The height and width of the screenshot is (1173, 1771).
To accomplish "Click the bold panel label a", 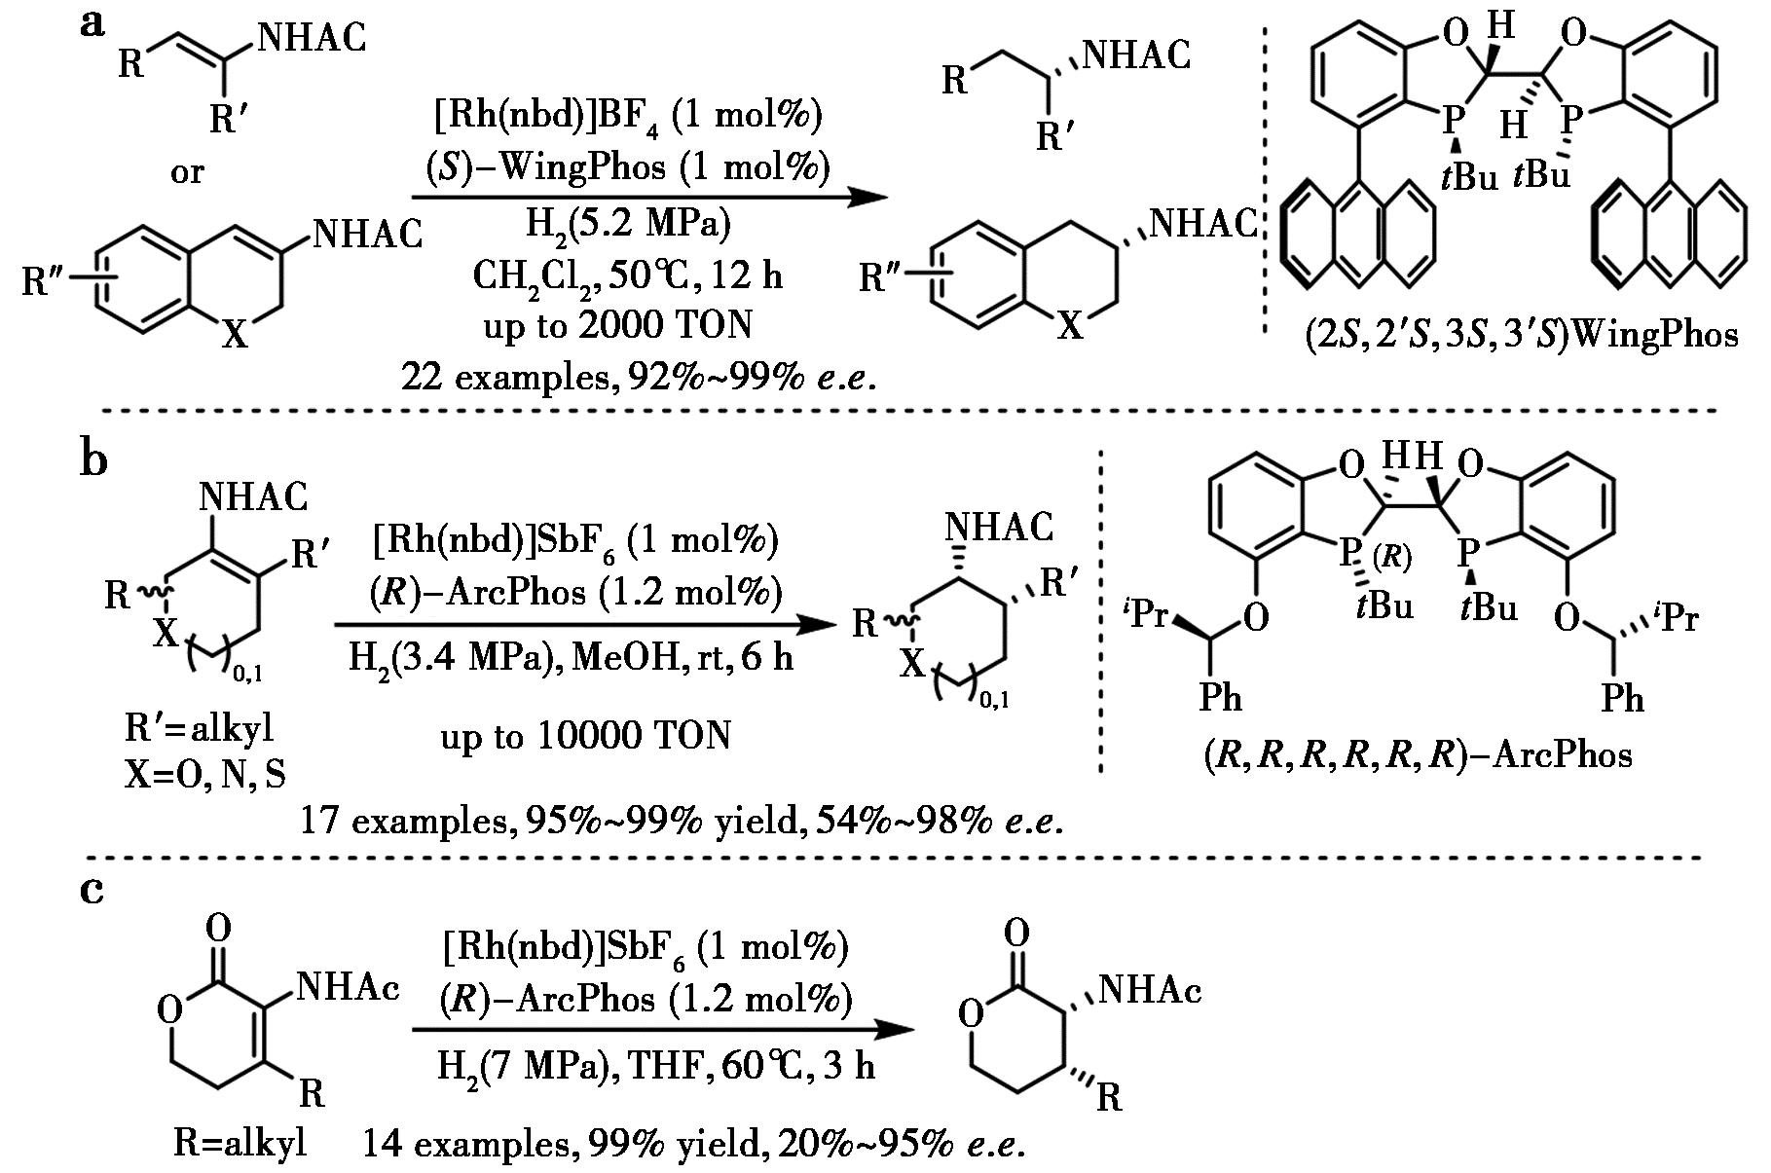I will tap(92, 25).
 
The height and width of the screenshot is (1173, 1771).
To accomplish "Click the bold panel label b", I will tap(93, 458).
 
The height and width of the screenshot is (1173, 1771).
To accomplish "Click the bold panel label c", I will tap(92, 889).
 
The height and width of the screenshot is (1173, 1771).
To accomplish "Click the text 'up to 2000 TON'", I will tap(617, 325).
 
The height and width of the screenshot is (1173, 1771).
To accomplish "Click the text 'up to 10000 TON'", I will tap(585, 737).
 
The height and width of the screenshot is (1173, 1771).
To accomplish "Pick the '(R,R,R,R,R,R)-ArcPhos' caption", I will tap(1418, 755).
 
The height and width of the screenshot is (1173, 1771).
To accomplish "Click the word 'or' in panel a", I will tap(187, 173).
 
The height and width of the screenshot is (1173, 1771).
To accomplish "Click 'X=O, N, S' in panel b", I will tap(205, 774).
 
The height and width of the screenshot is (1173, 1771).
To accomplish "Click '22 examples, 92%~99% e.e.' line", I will tap(637, 377).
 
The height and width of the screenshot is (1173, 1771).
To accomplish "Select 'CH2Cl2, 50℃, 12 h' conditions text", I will tap(627, 276).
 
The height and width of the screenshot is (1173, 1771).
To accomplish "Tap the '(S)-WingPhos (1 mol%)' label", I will tap(628, 167).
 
